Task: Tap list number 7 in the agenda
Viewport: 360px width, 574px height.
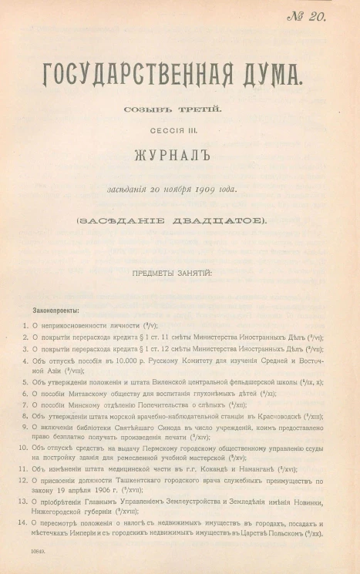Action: [25, 404]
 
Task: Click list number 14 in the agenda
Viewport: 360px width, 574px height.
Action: [23, 525]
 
